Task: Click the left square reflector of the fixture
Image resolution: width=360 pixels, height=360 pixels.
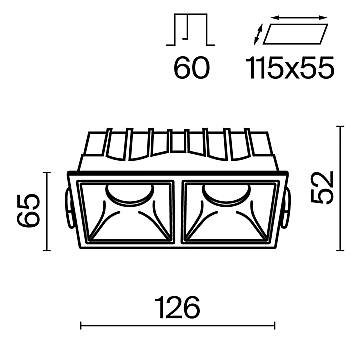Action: (131, 218)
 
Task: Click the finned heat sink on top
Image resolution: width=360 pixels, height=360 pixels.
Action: (179, 148)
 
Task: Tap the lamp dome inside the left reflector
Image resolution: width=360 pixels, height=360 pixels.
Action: (131, 194)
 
